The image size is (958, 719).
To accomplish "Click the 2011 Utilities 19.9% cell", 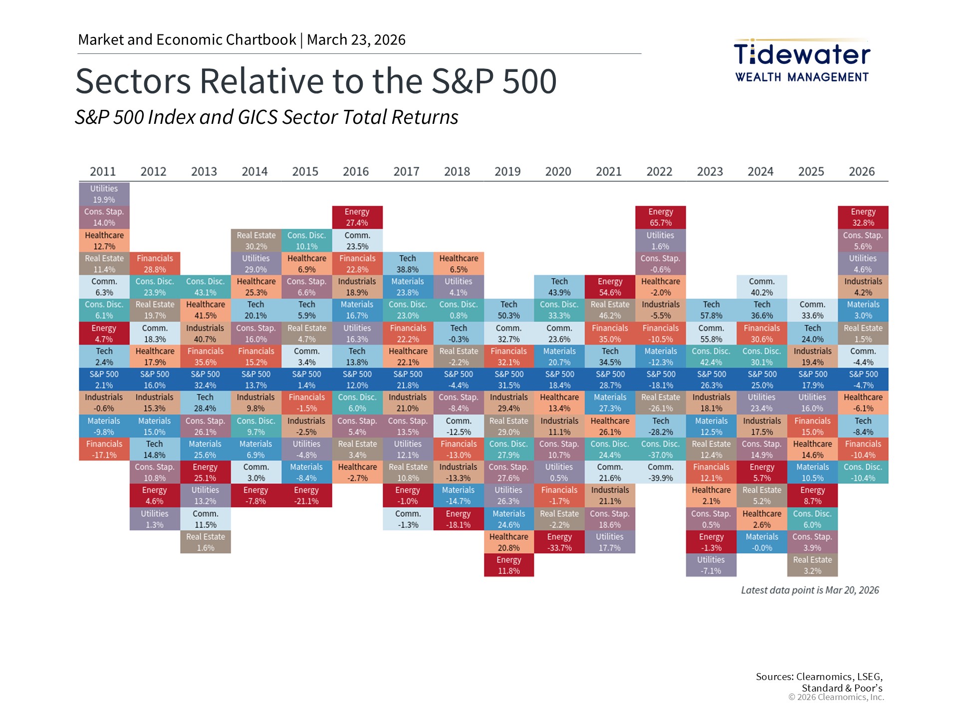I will tap(104, 194).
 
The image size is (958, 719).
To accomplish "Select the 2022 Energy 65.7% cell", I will tap(660, 217).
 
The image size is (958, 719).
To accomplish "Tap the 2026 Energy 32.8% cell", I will tap(863, 217).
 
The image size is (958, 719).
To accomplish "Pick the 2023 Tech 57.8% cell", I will tap(711, 310).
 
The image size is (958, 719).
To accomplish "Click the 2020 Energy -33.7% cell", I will tap(559, 542).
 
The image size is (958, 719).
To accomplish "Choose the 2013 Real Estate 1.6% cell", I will tap(205, 542).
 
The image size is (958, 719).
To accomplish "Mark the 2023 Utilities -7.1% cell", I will tap(711, 565).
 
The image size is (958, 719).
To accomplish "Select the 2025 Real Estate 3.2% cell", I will tap(812, 565).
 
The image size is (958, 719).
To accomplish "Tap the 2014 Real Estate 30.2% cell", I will tap(256, 241).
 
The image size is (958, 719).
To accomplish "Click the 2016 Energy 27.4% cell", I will tap(357, 217).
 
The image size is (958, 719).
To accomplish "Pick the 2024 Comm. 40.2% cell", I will tap(761, 287).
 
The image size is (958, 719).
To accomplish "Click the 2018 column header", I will tap(457, 172).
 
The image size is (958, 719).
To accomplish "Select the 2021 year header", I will tap(609, 172).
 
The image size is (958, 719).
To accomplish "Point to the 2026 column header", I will tap(862, 172).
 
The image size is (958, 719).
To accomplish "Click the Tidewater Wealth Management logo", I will tap(802, 60).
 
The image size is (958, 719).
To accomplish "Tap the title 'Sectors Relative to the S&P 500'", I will tap(316, 81).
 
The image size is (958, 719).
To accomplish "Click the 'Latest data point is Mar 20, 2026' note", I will tap(810, 590).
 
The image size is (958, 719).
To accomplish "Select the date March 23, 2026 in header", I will tap(356, 40).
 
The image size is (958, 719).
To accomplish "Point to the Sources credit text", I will tap(819, 682).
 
